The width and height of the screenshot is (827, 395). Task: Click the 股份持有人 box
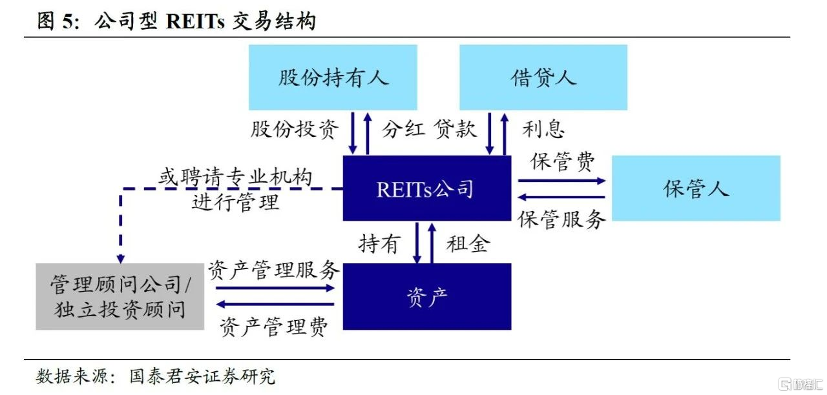click(333, 77)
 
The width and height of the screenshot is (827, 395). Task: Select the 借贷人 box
click(543, 77)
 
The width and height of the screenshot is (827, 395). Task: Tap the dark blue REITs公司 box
click(427, 188)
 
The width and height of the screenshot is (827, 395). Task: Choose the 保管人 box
click(696, 188)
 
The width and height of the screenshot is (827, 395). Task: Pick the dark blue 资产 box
click(427, 296)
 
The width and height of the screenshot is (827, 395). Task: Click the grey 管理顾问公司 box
click(120, 296)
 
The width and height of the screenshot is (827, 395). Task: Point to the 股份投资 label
click(295, 129)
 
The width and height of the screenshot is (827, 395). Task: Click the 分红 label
click(403, 129)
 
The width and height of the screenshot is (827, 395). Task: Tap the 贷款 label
click(455, 129)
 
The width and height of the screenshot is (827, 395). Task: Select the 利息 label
click(543, 129)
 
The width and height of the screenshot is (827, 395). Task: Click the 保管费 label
click(562, 161)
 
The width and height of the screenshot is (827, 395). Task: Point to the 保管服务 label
click(561, 220)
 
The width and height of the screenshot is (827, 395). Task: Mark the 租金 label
click(468, 244)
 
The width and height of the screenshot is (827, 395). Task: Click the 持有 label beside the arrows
click(379, 244)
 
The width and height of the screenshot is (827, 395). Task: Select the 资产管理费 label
click(273, 327)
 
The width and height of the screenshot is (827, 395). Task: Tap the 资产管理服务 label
click(273, 270)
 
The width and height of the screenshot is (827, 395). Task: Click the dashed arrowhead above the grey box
click(121, 258)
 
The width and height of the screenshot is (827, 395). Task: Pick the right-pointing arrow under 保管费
click(561, 181)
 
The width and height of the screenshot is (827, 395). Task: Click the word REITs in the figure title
click(195, 21)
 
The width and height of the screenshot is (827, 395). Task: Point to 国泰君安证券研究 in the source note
click(202, 376)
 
